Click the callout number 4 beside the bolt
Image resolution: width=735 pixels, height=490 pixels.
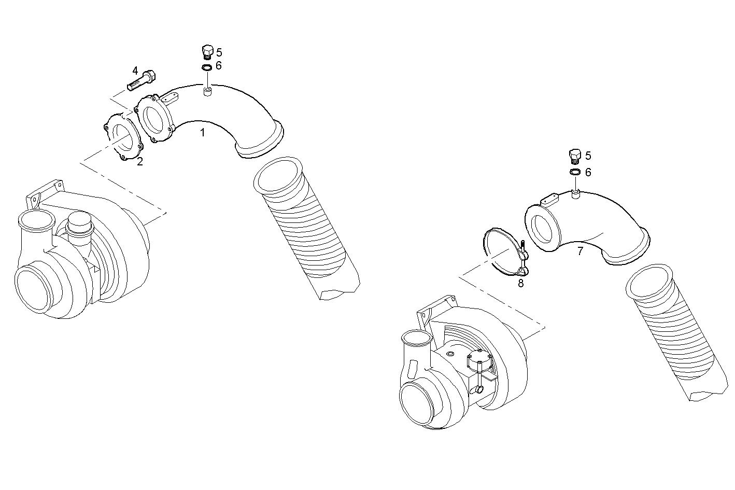point(135,70)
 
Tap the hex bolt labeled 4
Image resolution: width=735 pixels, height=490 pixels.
point(142,80)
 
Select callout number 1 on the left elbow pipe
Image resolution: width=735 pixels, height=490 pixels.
point(203,133)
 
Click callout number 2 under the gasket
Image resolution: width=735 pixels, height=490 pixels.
point(140,162)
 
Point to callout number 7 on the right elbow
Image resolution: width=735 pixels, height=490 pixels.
point(580,251)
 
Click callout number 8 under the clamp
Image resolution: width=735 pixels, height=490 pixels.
point(521,283)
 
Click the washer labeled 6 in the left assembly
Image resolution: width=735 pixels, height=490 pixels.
point(206,67)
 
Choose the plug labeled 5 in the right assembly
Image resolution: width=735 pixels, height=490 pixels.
point(574,156)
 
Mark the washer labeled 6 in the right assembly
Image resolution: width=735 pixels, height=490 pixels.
point(575,172)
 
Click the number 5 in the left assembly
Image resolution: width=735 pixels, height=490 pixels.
point(219,52)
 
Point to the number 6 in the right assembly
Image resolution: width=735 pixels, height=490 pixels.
point(588,172)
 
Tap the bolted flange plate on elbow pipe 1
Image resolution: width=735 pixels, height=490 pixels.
point(154,118)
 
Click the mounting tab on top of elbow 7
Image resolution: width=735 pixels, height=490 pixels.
point(549,198)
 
